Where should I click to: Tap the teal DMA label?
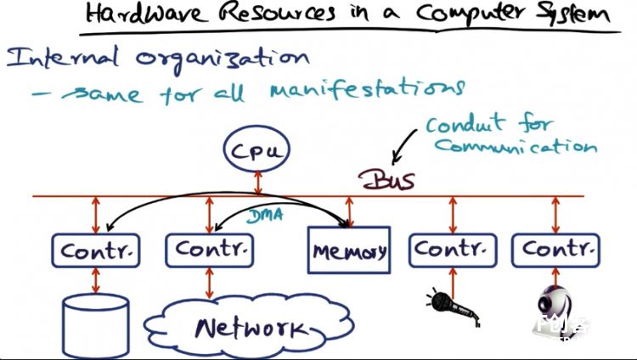(265, 216)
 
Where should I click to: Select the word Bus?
(386, 180)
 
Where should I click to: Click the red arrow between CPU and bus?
(258, 183)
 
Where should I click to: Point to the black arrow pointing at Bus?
(403, 146)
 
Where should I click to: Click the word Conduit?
(465, 124)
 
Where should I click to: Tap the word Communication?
(516, 146)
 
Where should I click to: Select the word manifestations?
(367, 89)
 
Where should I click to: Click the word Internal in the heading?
(63, 58)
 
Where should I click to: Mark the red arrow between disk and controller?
(96, 280)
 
